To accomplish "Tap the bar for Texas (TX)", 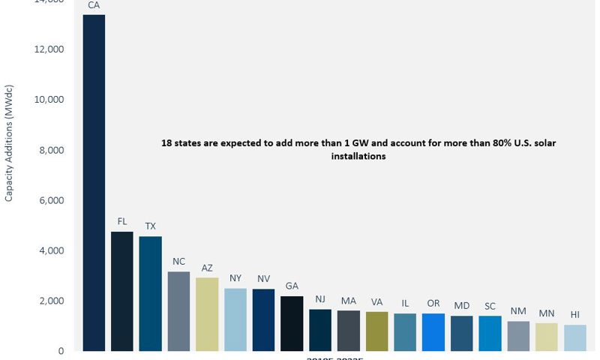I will tap(150, 293).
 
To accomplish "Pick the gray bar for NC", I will tap(178, 311).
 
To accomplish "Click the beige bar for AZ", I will tap(207, 314).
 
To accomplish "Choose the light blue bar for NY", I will tap(235, 319).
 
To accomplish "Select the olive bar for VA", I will tap(377, 331).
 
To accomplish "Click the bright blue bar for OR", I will tap(433, 332).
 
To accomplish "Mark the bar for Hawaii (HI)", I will tap(575, 337).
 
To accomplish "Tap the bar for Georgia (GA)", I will tap(292, 323).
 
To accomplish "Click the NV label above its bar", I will tap(263, 278).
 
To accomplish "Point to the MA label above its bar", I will tap(349, 301).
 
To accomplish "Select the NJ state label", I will tap(320, 299).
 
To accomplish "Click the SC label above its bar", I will tap(490, 306).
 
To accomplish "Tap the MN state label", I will tap(547, 313).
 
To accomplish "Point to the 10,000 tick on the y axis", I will tap(49, 100).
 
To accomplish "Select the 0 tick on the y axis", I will tap(61, 351).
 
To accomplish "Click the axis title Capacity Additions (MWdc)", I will tap(9, 149).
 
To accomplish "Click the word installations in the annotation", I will tap(358, 157).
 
